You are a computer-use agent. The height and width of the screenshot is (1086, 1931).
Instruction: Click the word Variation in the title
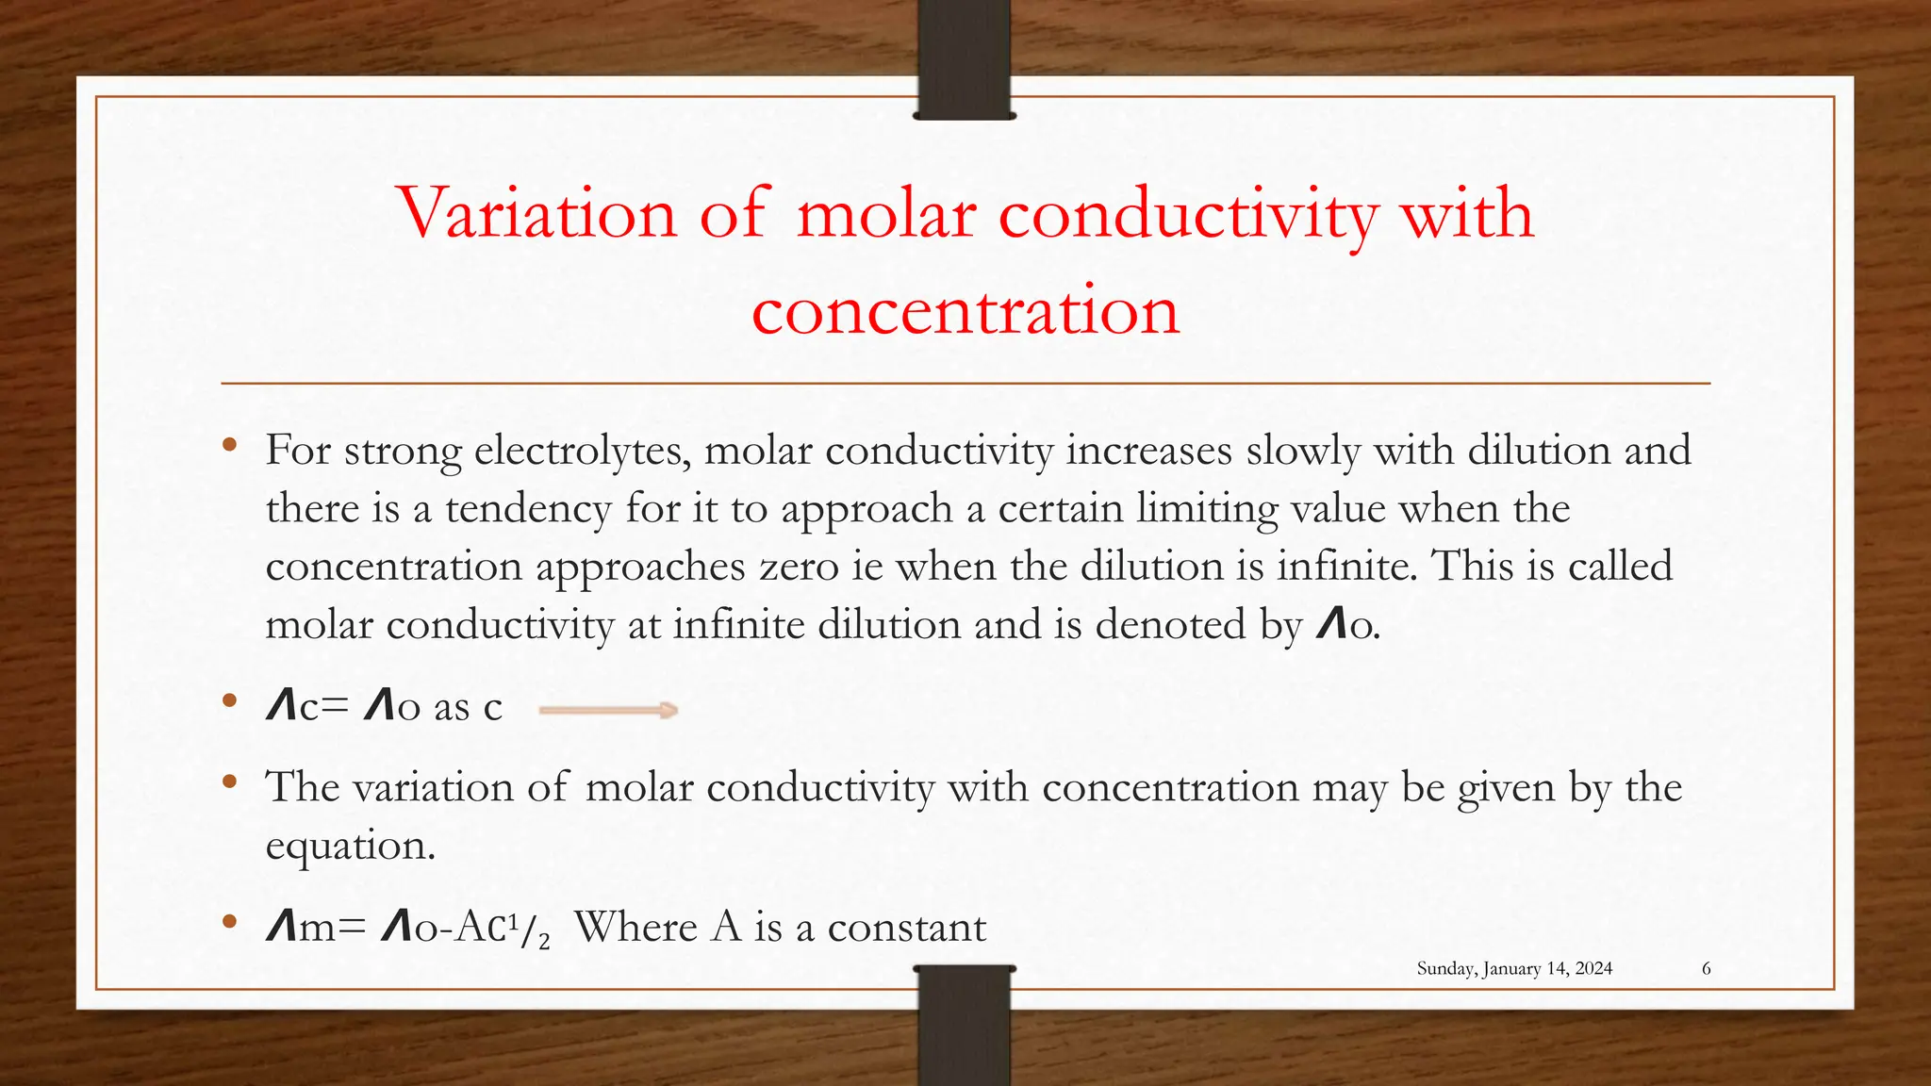tap(536, 214)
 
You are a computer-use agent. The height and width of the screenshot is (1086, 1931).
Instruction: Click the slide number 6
tap(1706, 968)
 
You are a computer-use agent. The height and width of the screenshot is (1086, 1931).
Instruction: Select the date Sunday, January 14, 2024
tap(1514, 968)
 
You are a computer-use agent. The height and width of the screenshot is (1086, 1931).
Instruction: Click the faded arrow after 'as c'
tap(608, 710)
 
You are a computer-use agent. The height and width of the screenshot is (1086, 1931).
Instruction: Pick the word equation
tap(349, 846)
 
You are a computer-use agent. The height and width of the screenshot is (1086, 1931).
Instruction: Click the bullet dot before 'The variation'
tap(229, 782)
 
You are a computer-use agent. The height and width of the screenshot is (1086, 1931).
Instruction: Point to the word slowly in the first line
tap(1303, 451)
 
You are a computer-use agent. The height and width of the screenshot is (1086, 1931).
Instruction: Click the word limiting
tap(1206, 509)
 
